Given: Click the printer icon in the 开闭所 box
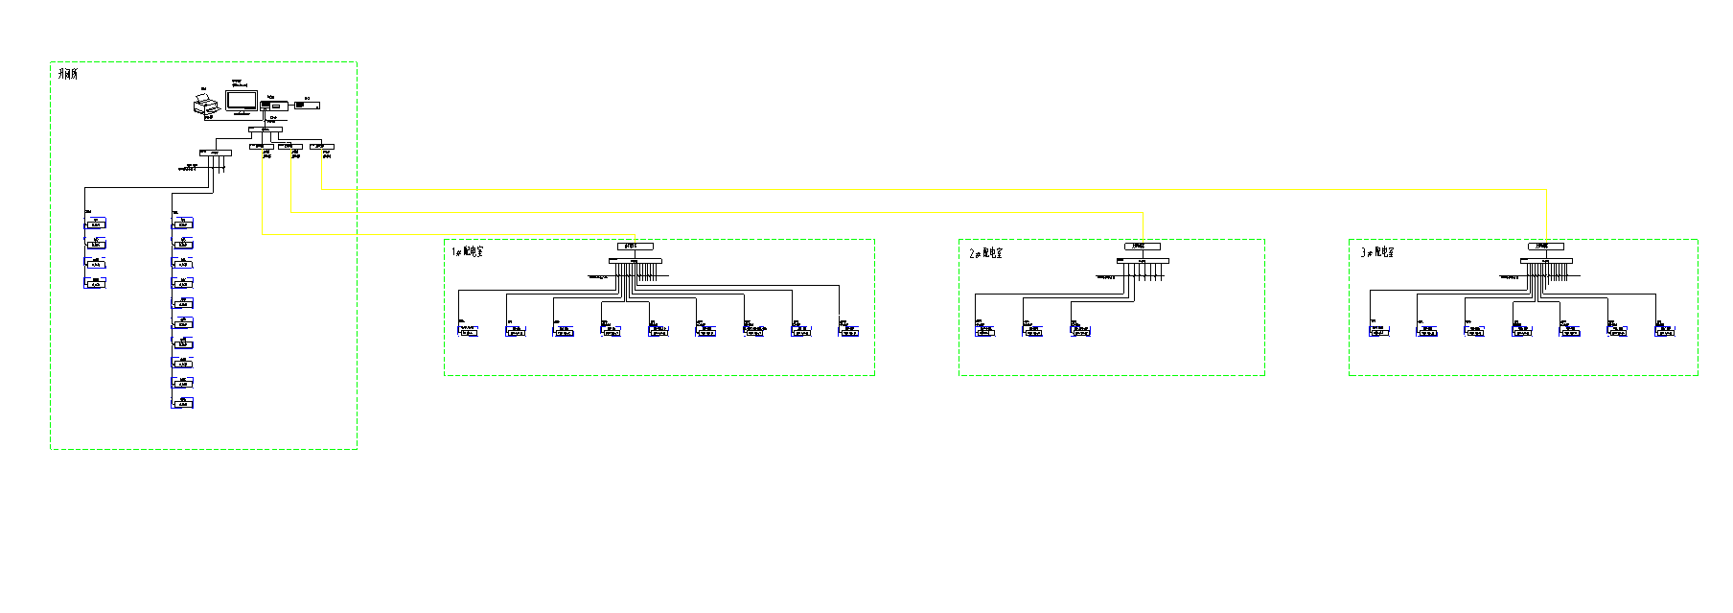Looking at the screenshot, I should pyautogui.click(x=205, y=106).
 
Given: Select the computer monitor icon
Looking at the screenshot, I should pyautogui.click(x=242, y=100).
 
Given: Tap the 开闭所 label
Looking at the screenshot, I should pyautogui.click(x=67, y=74).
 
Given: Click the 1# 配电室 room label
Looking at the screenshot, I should pyautogui.click(x=468, y=251).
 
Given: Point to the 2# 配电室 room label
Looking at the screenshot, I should pyautogui.click(x=986, y=253).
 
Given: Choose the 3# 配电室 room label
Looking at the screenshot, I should pyautogui.click(x=1377, y=252).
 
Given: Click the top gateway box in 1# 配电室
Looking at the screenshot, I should pyautogui.click(x=635, y=247).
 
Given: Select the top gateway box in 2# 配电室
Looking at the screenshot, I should pyautogui.click(x=1142, y=247).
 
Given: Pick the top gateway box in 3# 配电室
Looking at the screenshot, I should pyautogui.click(x=1545, y=247).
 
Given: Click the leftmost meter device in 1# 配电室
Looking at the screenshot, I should pyautogui.click(x=469, y=332).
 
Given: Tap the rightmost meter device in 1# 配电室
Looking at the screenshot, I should pyautogui.click(x=849, y=332).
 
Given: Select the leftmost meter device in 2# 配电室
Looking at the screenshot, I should pyautogui.click(x=984, y=332).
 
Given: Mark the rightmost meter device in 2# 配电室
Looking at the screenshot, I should pyautogui.click(x=1081, y=332).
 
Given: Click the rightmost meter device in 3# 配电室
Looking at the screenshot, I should pyautogui.click(x=1665, y=332).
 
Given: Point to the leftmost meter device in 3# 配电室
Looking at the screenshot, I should pyautogui.click(x=1378, y=332).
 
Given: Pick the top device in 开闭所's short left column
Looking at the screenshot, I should pyautogui.click(x=96, y=224).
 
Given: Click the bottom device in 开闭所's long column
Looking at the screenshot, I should pyautogui.click(x=182, y=404).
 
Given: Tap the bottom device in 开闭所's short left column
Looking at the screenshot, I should pyautogui.click(x=96, y=284).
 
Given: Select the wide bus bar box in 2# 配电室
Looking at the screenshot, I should pyautogui.click(x=1143, y=261).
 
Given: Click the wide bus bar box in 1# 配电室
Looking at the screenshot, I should pyautogui.click(x=635, y=261).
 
